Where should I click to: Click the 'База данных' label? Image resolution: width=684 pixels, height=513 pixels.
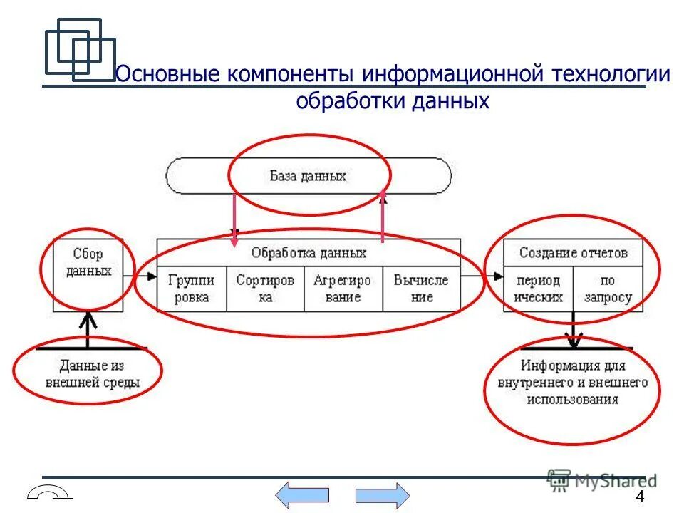(308, 175)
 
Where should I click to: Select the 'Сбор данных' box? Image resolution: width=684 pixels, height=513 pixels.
(88, 263)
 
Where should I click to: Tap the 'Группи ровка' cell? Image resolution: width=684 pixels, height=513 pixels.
(191, 289)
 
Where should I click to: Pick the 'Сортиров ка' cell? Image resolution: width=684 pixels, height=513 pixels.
(265, 289)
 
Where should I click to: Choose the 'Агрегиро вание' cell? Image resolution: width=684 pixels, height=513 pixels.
(343, 289)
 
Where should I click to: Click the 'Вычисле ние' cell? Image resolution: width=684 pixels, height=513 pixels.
(421, 289)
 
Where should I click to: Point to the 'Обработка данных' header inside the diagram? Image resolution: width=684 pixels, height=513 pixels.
(309, 253)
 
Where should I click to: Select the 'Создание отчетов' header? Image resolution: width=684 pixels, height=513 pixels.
(573, 253)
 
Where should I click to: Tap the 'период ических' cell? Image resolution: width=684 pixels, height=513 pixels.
(538, 289)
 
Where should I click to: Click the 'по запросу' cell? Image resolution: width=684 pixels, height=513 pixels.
(608, 289)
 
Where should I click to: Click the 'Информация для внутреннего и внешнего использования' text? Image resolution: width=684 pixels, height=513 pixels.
(573, 382)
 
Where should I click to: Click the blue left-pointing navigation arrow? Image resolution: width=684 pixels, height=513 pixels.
(302, 494)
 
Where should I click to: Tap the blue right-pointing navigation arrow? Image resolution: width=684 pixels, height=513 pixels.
(383, 494)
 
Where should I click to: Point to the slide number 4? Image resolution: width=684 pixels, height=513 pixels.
(639, 497)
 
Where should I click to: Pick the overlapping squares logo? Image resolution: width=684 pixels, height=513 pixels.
(79, 48)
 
